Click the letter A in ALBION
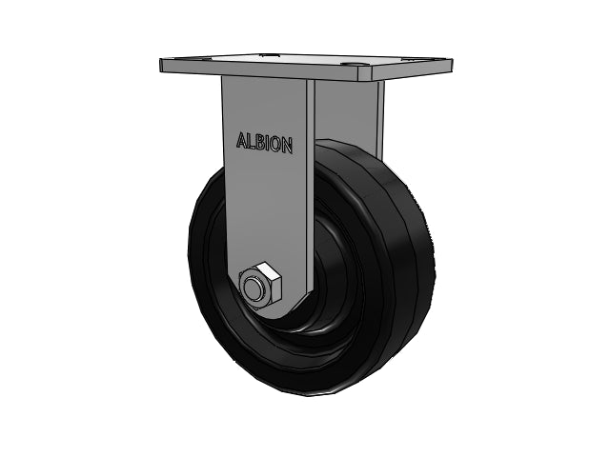point(241,141)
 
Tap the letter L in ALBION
point(252,142)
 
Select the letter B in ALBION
point(259,143)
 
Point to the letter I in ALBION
point(267,144)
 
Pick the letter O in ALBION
point(274,145)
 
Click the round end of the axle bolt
point(254,288)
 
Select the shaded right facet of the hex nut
point(274,290)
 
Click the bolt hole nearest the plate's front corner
point(353,65)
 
